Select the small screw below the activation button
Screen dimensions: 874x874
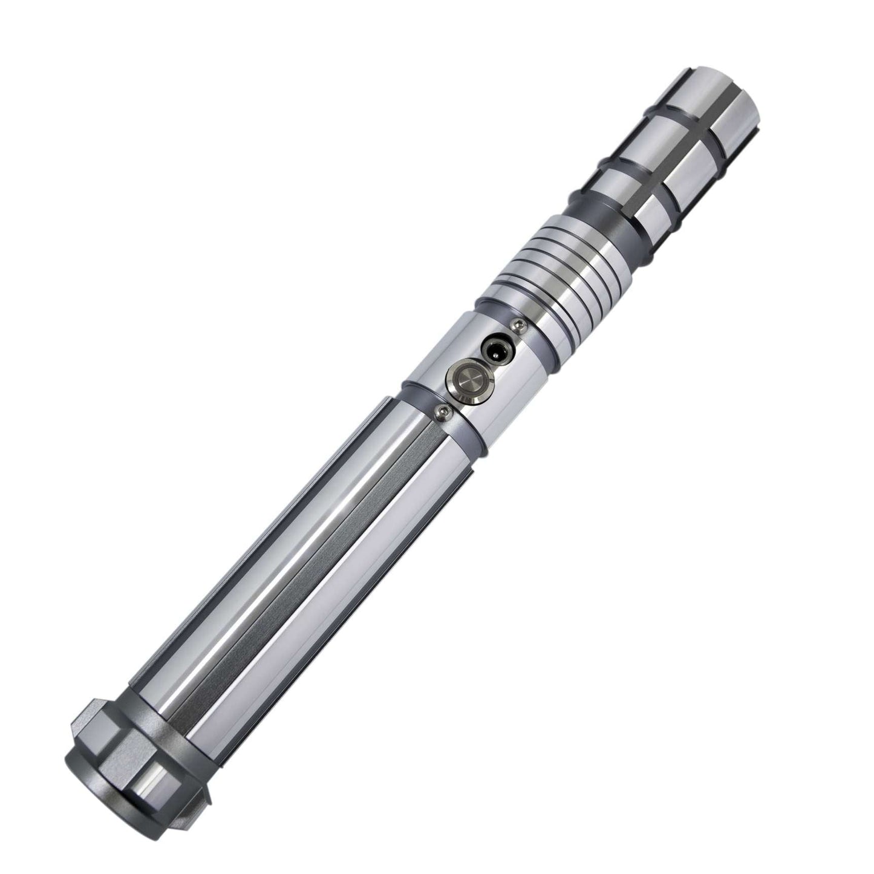(441, 411)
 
